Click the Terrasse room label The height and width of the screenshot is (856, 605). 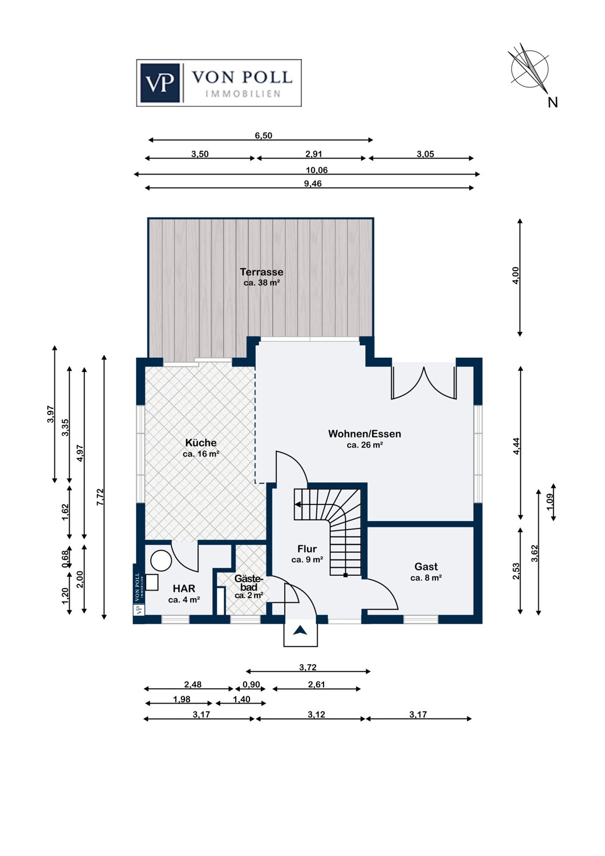[261, 272]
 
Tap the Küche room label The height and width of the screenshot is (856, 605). [201, 442]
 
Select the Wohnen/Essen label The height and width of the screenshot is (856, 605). [365, 434]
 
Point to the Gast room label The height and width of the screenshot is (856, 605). [426, 566]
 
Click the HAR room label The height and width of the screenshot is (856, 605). [184, 588]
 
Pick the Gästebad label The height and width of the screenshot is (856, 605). [249, 583]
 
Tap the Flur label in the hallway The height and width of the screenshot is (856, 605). [307, 549]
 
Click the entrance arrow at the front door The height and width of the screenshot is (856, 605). [300, 631]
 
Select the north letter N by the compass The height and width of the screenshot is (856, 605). [552, 102]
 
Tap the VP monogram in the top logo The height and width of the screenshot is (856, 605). [160, 83]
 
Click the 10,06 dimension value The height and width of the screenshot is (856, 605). [317, 171]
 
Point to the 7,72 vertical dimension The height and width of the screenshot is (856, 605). [100, 497]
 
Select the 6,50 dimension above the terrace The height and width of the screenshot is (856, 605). [263, 136]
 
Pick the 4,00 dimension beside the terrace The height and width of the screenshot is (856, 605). [515, 275]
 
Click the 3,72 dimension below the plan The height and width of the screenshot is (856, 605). [308, 668]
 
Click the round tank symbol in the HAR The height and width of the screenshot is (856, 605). [162, 560]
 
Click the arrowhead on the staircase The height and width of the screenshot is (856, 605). [298, 505]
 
